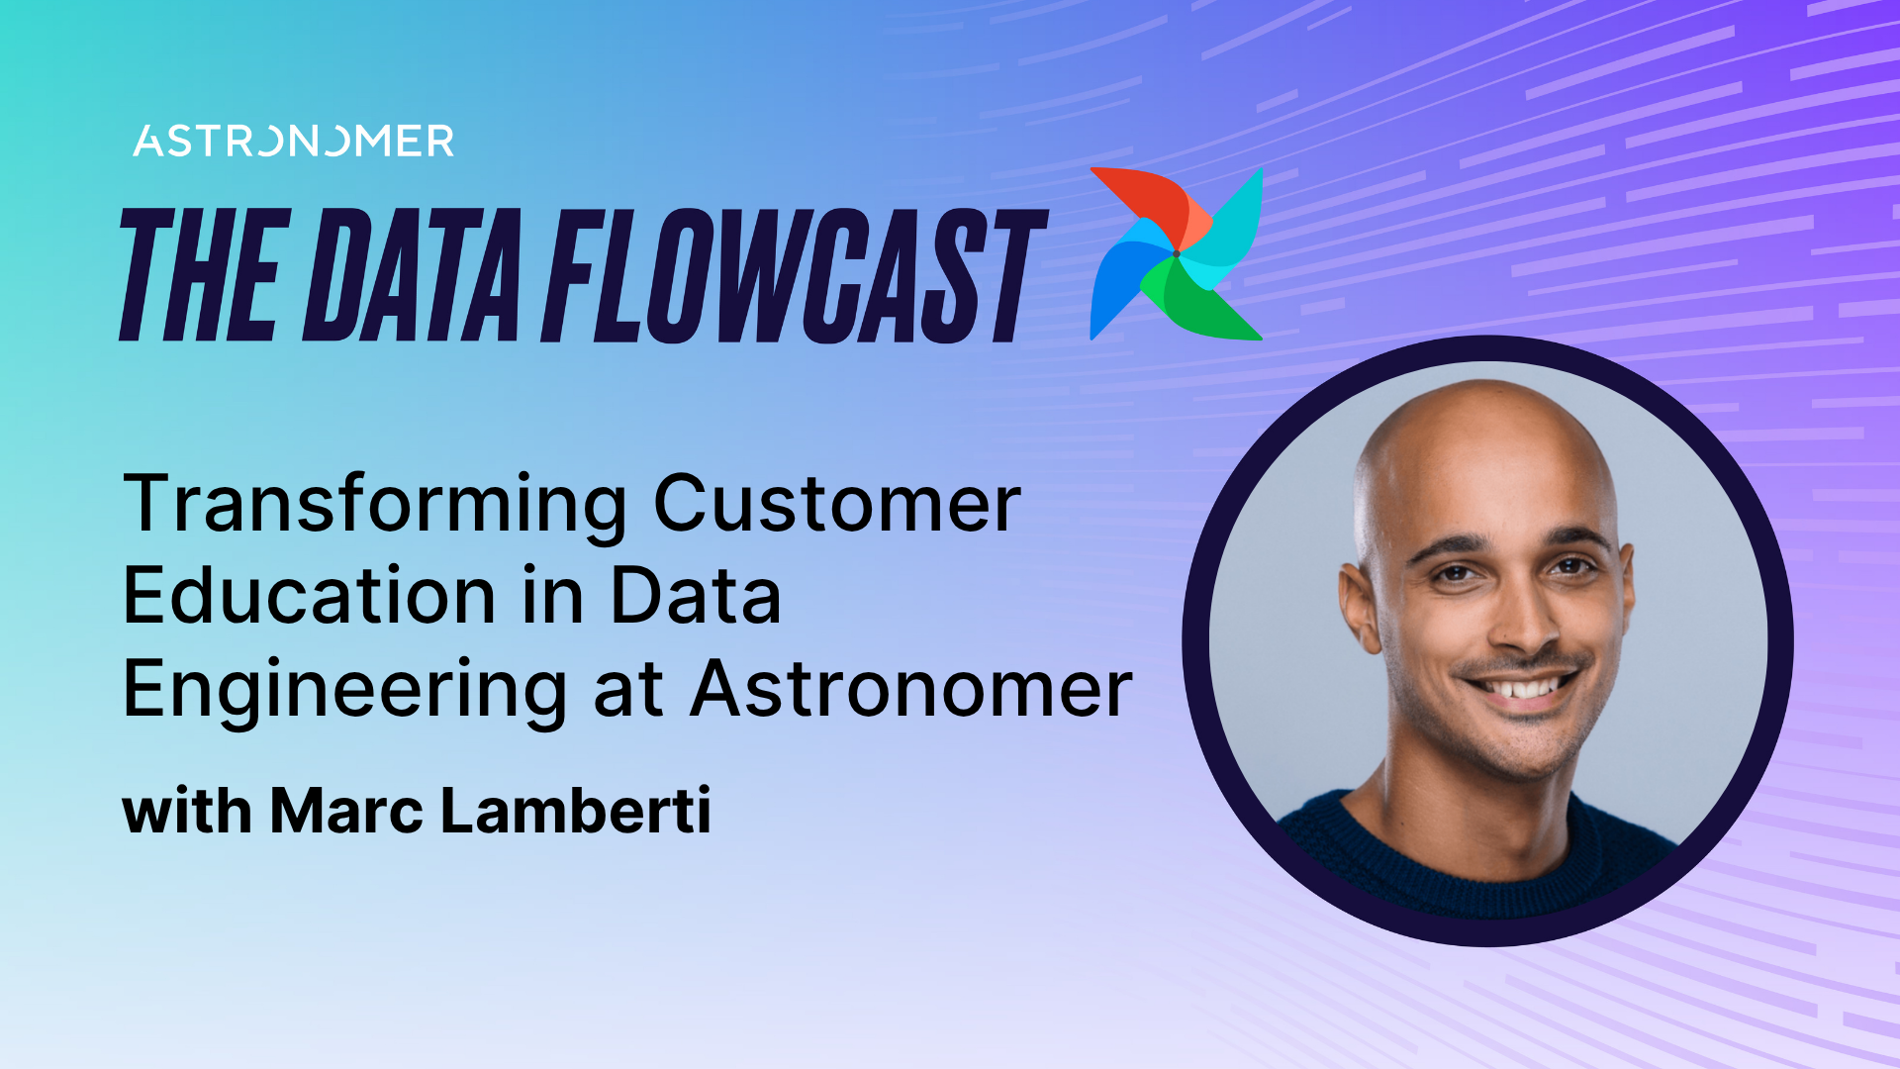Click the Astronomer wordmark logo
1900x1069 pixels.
[294, 141]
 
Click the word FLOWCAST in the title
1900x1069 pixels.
[792, 275]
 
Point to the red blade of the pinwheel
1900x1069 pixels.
[1148, 203]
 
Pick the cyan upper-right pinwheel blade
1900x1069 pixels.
[1232, 223]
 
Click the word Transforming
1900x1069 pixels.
[375, 505]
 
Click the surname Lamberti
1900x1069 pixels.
[575, 811]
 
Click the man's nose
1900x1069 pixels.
[1519, 624]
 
